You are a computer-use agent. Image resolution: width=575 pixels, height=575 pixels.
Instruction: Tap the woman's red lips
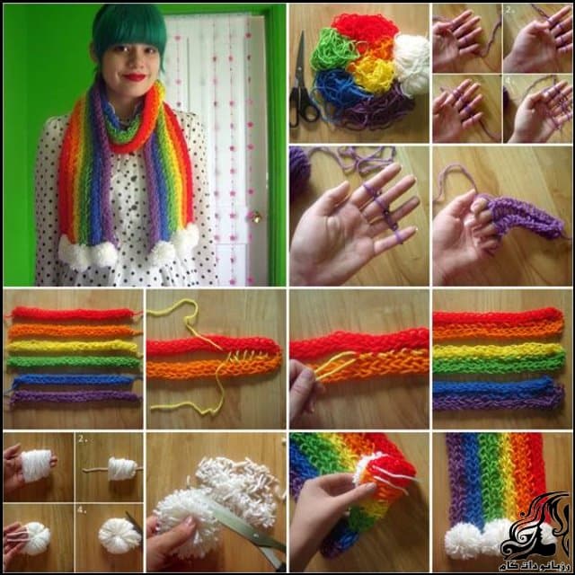(x=135, y=77)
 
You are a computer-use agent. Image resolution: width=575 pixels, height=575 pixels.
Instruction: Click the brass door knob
(x=255, y=217)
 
